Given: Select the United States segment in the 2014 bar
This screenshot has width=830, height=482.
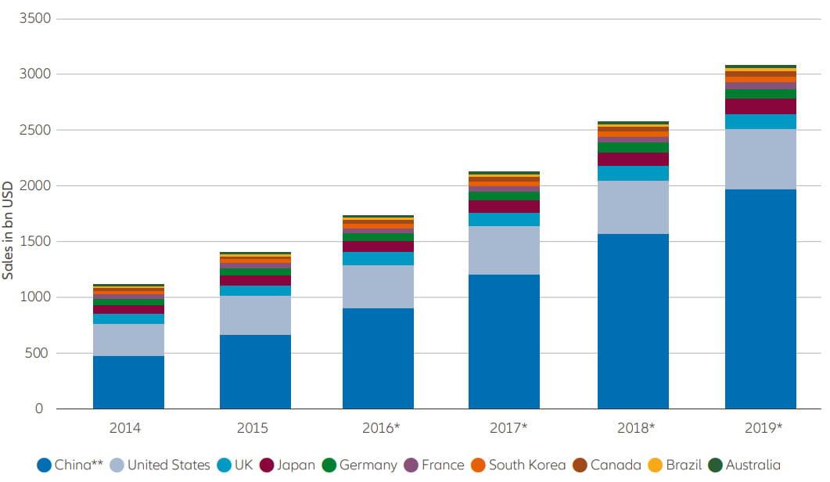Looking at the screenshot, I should point(128,340).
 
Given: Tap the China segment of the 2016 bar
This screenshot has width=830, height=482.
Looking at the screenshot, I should point(378,358).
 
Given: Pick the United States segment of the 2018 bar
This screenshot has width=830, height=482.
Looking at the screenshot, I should point(633,207).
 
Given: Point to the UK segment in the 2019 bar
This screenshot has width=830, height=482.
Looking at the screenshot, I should point(760,121).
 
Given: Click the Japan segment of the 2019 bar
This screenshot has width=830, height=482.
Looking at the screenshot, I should point(760,106).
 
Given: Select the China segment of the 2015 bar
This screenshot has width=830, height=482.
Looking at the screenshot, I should point(255,372).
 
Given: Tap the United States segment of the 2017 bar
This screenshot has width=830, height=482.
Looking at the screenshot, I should point(504,250).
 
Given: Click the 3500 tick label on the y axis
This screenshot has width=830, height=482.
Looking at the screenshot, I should point(33,18).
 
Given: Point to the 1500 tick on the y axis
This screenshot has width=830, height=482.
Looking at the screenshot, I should point(33,242).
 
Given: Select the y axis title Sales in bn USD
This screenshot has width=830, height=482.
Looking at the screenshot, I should point(9,227).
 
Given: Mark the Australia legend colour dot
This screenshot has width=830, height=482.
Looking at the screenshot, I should point(715,465).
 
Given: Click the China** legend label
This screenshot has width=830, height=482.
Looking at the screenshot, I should point(78,465).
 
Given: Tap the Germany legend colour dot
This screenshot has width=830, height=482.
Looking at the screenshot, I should point(329,465).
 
